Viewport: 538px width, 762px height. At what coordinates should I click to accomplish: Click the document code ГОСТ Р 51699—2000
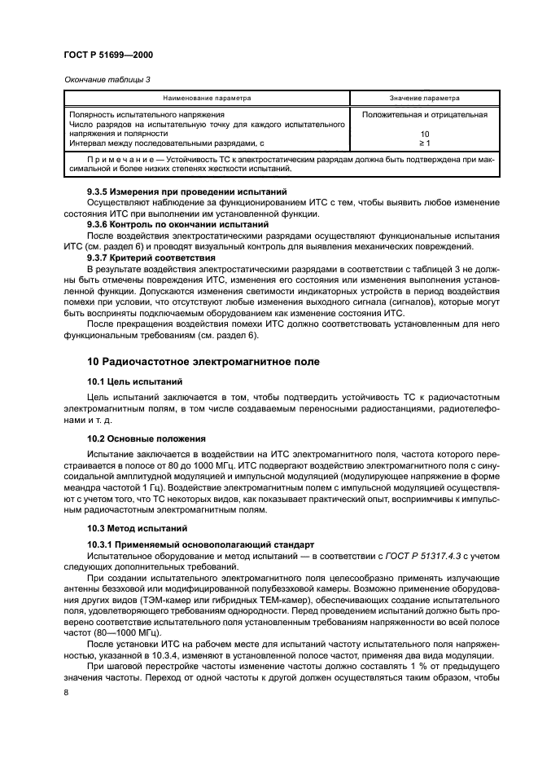click(x=108, y=54)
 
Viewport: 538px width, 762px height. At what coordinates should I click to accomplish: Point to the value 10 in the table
click(x=424, y=134)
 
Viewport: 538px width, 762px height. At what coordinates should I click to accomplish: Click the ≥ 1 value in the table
click(x=424, y=144)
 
